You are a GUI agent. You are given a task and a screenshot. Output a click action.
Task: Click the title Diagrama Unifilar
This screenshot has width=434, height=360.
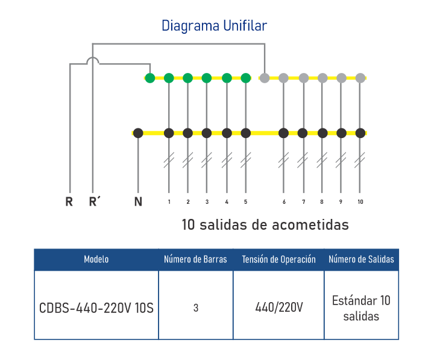[x=214, y=26]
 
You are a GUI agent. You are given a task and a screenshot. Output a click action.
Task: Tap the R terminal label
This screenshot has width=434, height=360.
[x=69, y=201]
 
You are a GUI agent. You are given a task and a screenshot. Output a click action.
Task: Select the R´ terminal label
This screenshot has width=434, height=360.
[x=93, y=201]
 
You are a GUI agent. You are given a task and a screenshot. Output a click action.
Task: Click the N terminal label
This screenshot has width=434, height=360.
[x=138, y=201]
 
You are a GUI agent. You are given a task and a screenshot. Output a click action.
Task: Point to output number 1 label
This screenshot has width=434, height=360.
[x=169, y=202]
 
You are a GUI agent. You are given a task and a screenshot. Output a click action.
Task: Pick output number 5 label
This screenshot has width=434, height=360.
[x=245, y=202]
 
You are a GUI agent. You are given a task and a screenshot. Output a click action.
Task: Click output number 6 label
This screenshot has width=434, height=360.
[x=283, y=202]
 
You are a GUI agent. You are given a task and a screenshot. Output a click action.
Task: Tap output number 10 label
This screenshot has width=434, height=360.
[x=360, y=202]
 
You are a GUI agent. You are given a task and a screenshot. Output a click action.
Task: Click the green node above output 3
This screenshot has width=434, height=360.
[x=207, y=78]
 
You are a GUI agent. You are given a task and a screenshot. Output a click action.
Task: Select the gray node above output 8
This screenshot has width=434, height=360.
[x=322, y=78]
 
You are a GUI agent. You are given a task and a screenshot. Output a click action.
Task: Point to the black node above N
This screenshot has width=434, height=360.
[x=138, y=133]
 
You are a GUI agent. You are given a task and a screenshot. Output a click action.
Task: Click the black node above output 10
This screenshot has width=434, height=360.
[x=360, y=133]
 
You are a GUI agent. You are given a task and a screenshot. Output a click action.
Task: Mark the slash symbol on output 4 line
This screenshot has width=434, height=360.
[x=227, y=160]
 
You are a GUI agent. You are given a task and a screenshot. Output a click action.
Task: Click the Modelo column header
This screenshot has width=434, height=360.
[x=96, y=259]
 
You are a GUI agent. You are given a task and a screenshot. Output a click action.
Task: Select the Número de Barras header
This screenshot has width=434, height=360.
[x=196, y=259]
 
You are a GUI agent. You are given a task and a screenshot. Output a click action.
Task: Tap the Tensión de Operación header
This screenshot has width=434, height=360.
[x=278, y=259]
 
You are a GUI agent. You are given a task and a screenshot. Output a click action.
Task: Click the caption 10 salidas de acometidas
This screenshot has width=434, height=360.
[x=265, y=225]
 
